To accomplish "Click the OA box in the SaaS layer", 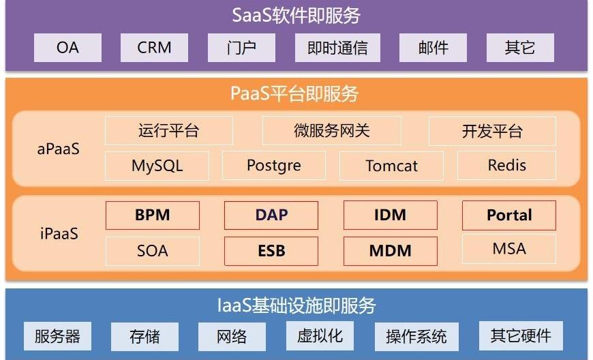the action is pyautogui.click(x=67, y=48).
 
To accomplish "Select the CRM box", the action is pyautogui.click(x=154, y=48).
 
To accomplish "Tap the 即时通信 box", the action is pyautogui.click(x=337, y=48).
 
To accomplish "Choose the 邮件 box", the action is pyautogui.click(x=433, y=48).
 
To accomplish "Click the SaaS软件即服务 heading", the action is pyautogui.click(x=296, y=16).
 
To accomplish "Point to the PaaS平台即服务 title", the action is pyautogui.click(x=294, y=93).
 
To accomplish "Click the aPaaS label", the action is pyautogui.click(x=58, y=149).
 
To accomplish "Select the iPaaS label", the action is pyautogui.click(x=59, y=233).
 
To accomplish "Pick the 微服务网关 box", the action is pyautogui.click(x=332, y=131).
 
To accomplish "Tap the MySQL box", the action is pyautogui.click(x=157, y=166).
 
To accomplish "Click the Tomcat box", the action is pyautogui.click(x=391, y=166).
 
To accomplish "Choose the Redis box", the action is pyautogui.click(x=506, y=165).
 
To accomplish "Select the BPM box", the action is pyautogui.click(x=153, y=215).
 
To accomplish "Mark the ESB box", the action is pyautogui.click(x=271, y=251).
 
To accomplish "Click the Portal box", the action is pyautogui.click(x=509, y=215).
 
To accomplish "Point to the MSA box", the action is pyautogui.click(x=509, y=249).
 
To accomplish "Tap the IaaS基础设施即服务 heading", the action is pyautogui.click(x=296, y=305).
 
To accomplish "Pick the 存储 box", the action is pyautogui.click(x=145, y=337).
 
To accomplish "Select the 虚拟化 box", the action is pyautogui.click(x=320, y=336).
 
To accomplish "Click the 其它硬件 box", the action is pyautogui.click(x=521, y=336).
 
